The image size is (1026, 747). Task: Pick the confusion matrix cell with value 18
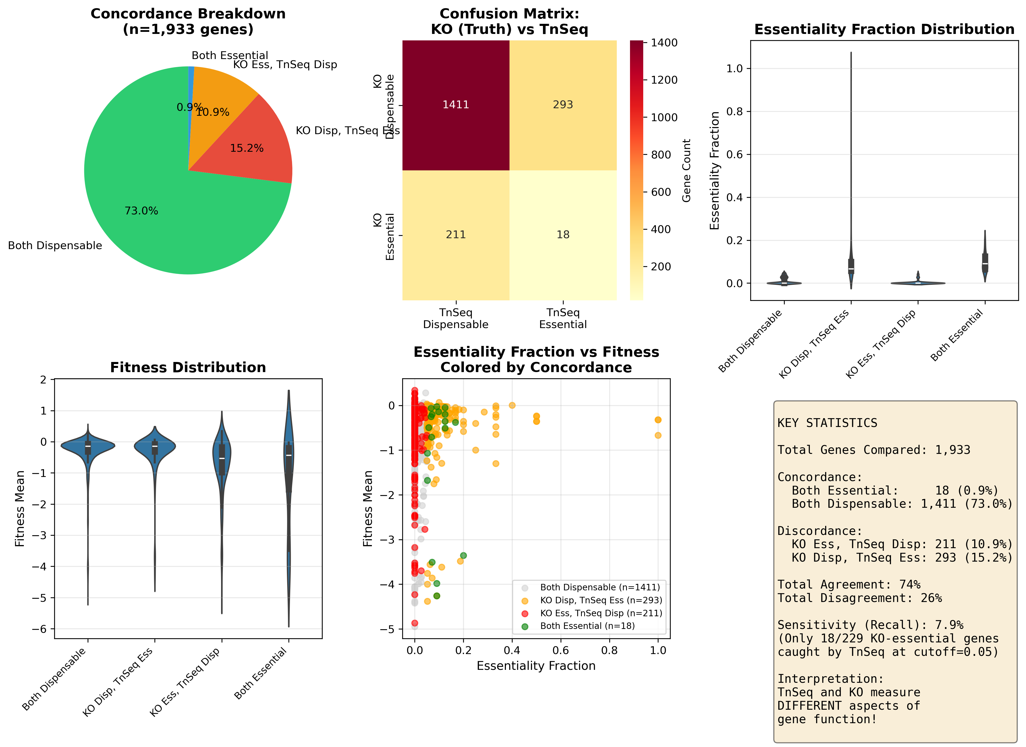563,235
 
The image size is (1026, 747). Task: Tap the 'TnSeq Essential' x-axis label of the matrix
563,318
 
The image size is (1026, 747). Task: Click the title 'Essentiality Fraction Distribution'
884,30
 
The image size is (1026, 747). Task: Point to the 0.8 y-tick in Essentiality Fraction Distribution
734,112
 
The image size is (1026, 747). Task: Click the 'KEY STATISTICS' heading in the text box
827,423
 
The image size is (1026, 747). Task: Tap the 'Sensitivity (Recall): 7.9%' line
870,625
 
